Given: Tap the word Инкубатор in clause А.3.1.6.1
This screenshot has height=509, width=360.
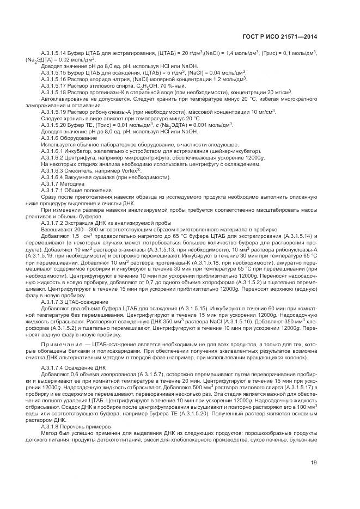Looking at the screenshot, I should (80, 151).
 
